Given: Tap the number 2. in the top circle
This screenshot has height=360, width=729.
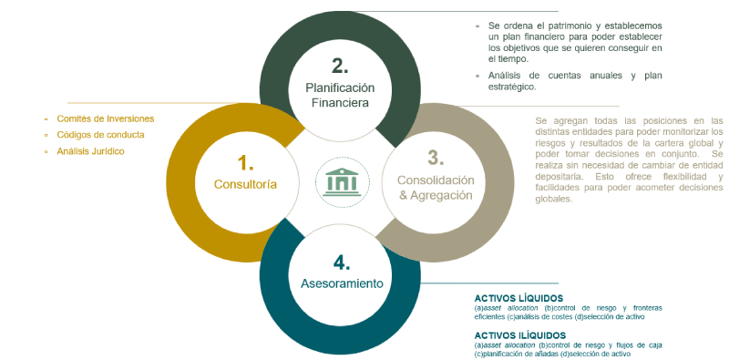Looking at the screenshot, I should [339, 65].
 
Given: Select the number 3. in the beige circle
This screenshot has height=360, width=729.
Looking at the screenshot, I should [436, 156].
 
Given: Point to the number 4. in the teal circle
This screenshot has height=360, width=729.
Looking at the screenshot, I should [342, 262].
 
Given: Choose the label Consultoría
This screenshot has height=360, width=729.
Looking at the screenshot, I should [245, 184].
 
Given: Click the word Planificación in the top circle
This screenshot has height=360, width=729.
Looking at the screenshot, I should [340, 87].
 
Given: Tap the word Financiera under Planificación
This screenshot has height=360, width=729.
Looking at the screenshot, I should [340, 103].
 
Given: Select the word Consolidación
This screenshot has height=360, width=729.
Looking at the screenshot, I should [436, 180].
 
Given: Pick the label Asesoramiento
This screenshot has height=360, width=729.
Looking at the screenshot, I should [342, 284].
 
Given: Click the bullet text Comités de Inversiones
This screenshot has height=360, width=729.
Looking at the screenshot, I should [105, 118].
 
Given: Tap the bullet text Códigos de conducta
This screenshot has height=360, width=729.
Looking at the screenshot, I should [100, 135].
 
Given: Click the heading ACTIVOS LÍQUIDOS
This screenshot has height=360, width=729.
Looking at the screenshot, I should [519, 298].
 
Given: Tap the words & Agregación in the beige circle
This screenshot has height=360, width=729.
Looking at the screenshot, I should [436, 195].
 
